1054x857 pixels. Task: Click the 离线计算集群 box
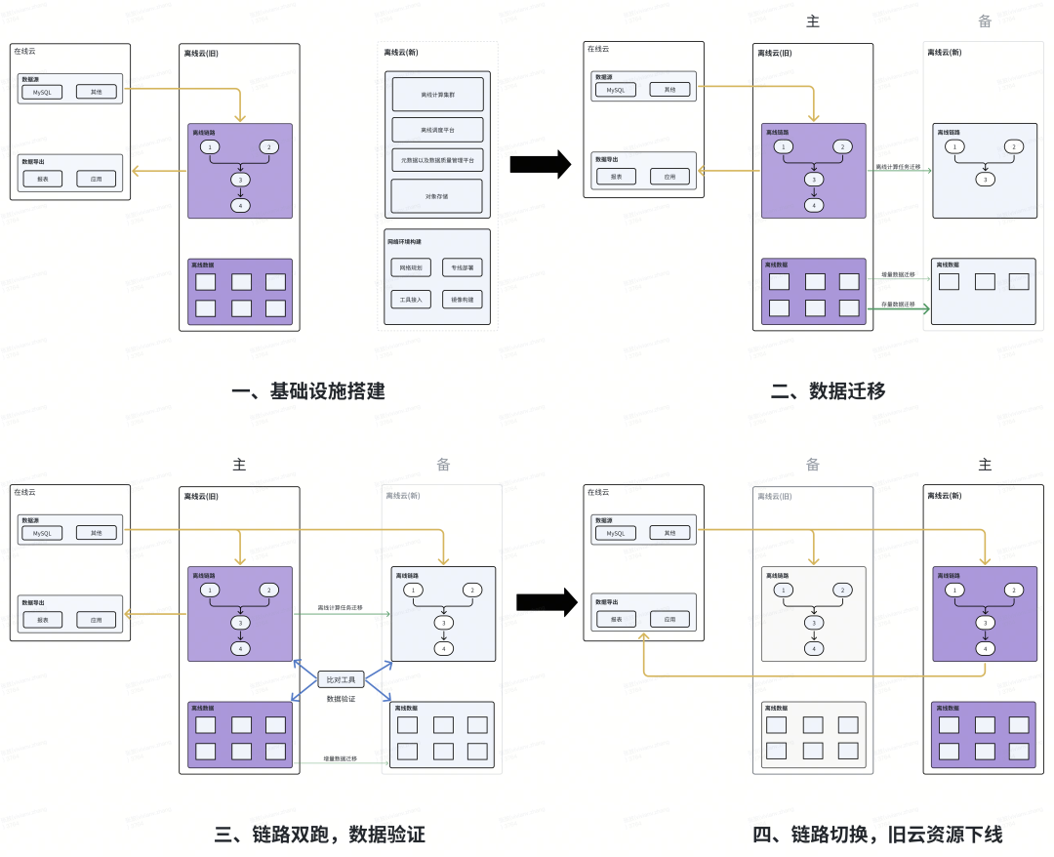pos(438,95)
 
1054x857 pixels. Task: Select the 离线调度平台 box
pos(438,130)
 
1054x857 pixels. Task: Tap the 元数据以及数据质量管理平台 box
pos(438,160)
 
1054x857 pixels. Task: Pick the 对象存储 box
pos(438,196)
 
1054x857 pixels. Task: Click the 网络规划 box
pos(410,266)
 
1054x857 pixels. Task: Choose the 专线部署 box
pos(464,266)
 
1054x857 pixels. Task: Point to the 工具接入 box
pos(410,300)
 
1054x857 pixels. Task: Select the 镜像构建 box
pos(464,300)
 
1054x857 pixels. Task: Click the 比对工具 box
pos(341,678)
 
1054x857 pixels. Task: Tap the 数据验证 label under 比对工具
pos(341,699)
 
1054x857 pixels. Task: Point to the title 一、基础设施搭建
pos(308,391)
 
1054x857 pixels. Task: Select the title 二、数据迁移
pos(828,391)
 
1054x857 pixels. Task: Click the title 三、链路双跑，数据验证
pos(319,835)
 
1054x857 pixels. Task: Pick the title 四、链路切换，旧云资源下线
pos(877,835)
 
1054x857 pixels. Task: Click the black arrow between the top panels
pos(540,164)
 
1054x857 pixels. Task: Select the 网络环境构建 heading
pos(404,241)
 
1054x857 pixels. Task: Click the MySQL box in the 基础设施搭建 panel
pos(42,92)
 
